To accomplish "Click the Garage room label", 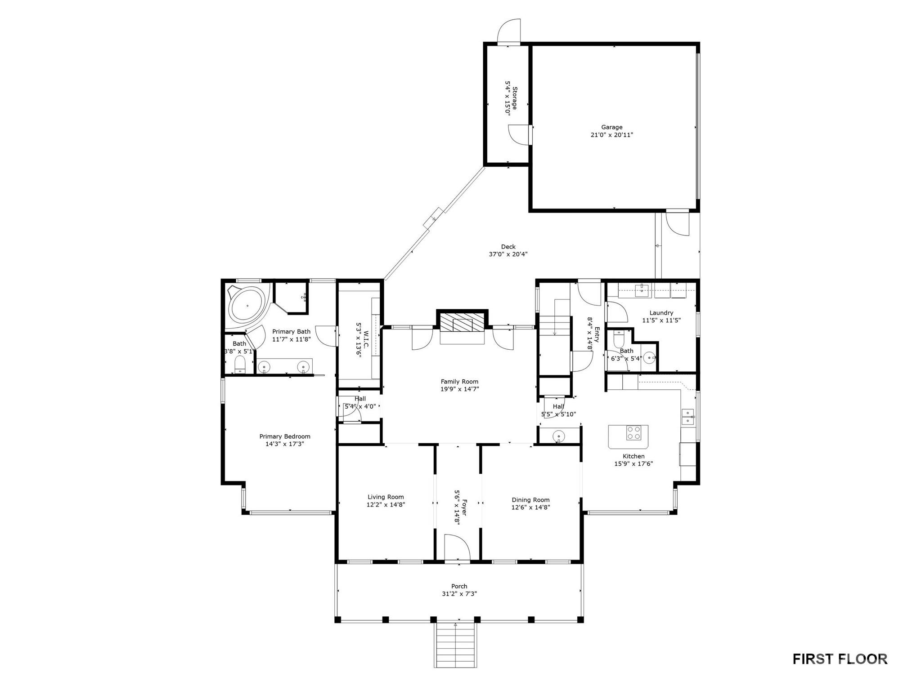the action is point(611,127).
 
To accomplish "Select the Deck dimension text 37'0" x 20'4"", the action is point(508,254).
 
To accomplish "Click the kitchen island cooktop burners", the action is point(633,433).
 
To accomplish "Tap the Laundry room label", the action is point(661,313).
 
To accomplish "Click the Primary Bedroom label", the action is point(285,436).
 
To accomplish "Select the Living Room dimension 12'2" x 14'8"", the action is point(386,504).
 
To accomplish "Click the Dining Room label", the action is point(530,500).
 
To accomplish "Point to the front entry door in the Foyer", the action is point(457,548).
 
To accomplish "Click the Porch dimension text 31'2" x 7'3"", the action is point(459,593).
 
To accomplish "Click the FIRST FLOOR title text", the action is point(840,659).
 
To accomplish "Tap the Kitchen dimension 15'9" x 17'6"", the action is point(633,463).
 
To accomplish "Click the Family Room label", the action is point(459,382).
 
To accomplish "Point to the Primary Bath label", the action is point(291,332).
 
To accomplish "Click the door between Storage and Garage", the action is point(520,134).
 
